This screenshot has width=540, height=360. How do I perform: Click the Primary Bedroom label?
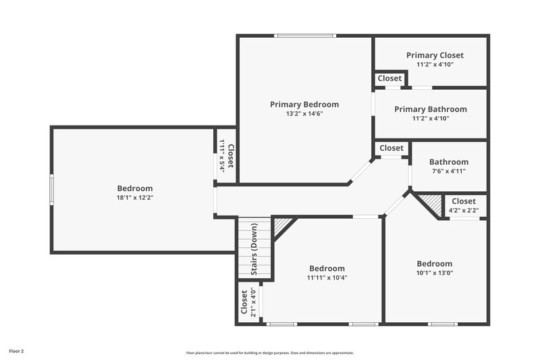click(x=304, y=104)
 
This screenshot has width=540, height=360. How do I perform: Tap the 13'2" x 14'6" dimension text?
click(x=304, y=114)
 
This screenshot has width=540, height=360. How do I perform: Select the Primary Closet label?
click(x=435, y=55)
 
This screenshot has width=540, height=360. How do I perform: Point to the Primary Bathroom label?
click(x=431, y=109)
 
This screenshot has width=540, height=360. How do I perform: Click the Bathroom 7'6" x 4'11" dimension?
click(x=448, y=172)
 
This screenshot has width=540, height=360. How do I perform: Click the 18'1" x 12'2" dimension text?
click(x=135, y=198)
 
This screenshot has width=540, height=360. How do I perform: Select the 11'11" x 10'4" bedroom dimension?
click(x=327, y=278)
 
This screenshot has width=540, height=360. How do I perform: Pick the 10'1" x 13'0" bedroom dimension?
click(x=434, y=273)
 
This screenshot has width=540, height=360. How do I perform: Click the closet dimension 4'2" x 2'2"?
click(x=463, y=211)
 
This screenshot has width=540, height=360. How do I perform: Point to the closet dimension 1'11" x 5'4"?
click(x=222, y=155)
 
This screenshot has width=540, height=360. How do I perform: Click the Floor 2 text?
click(x=17, y=351)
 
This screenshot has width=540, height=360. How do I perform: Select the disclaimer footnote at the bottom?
click(x=270, y=353)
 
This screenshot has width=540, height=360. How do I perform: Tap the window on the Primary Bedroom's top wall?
click(x=305, y=36)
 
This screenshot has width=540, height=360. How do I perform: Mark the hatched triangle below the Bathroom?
click(x=429, y=201)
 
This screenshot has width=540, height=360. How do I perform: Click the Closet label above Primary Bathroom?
click(x=389, y=78)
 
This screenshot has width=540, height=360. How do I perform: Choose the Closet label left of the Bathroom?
click(x=391, y=148)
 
